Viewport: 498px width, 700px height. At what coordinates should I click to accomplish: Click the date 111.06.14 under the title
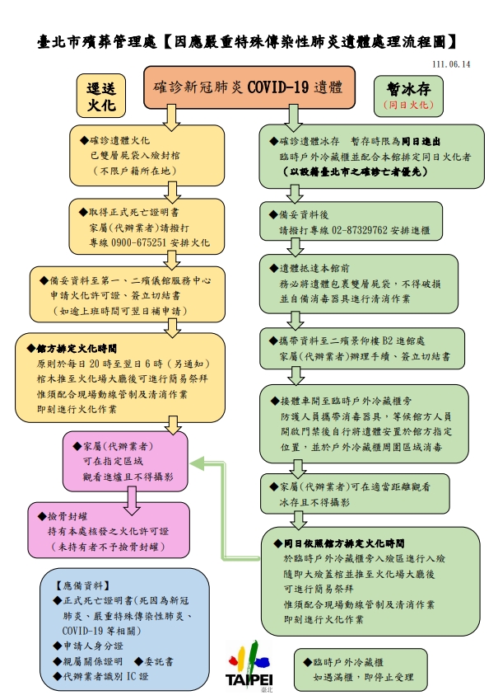[450, 64]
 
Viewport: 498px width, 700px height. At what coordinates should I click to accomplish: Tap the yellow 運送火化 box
[103, 96]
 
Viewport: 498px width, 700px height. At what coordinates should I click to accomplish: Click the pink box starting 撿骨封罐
[109, 529]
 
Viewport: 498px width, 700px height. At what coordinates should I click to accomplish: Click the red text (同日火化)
[407, 106]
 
